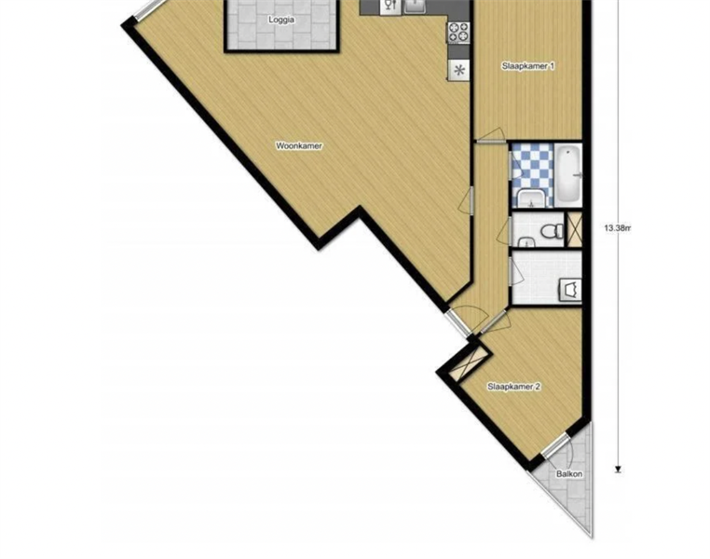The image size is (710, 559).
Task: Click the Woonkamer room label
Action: pyautogui.click(x=299, y=146)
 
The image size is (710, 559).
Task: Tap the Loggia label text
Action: pyautogui.click(x=281, y=20)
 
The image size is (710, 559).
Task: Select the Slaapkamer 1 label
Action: pyautogui.click(x=528, y=66)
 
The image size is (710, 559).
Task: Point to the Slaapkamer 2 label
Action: pyautogui.click(x=514, y=387)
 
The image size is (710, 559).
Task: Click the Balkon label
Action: pyautogui.click(x=569, y=474)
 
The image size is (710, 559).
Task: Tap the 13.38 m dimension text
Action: pyautogui.click(x=617, y=228)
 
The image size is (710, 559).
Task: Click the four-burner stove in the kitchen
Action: pyautogui.click(x=458, y=32)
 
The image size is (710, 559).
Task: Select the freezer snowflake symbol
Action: pyautogui.click(x=459, y=70)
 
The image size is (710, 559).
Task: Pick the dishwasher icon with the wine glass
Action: pyautogui.click(x=390, y=6)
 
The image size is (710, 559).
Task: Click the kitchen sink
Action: pyautogui.click(x=415, y=6)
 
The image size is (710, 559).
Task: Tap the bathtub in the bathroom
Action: pyautogui.click(x=567, y=174)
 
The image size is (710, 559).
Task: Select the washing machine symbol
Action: pyautogui.click(x=570, y=290)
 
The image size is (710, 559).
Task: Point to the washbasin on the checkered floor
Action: pyautogui.click(x=531, y=198)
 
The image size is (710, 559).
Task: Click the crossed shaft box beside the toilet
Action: pyautogui.click(x=575, y=229)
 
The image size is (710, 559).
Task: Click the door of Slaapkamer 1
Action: pyautogui.click(x=491, y=136)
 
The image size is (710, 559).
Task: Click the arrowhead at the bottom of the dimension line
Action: pyautogui.click(x=618, y=470)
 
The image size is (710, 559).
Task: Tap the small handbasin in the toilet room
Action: pyautogui.click(x=526, y=242)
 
